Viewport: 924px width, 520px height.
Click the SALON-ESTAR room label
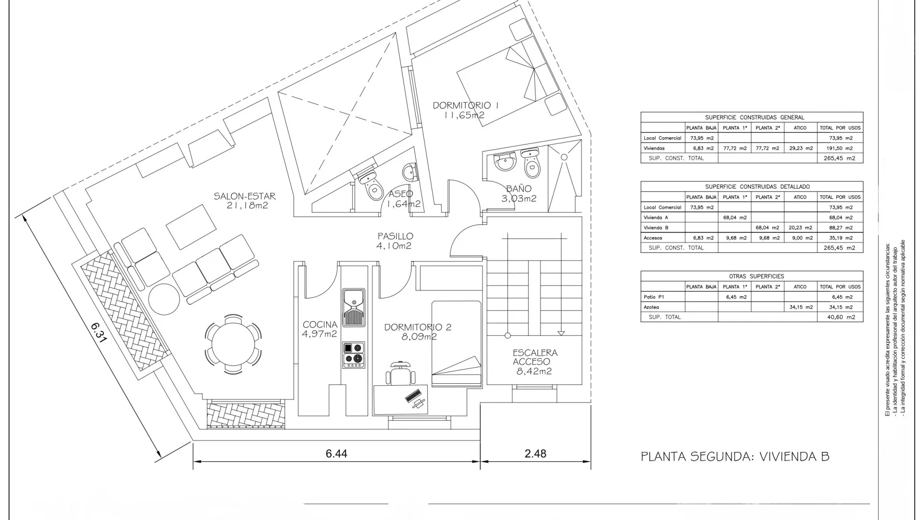click(244, 196)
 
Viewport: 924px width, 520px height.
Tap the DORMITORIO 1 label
click(465, 105)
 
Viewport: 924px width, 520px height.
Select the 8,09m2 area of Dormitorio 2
click(419, 337)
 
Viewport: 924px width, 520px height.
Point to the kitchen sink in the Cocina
click(354, 308)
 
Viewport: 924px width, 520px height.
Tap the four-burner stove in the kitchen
click(354, 355)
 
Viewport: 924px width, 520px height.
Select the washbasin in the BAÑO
click(505, 161)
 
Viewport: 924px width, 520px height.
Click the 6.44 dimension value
click(336, 454)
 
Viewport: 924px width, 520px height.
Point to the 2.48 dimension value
click(536, 454)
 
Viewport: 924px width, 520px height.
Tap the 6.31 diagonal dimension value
click(98, 332)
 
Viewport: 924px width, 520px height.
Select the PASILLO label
click(395, 236)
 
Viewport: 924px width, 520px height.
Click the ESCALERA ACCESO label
click(535, 357)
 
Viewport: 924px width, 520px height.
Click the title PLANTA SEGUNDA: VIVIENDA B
click(735, 456)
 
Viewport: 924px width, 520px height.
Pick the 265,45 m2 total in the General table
click(840, 158)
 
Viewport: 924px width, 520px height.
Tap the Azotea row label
click(651, 307)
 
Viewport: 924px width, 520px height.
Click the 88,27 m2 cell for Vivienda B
click(840, 228)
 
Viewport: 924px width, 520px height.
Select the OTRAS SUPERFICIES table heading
click(752, 276)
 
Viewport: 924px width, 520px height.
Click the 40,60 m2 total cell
click(840, 317)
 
